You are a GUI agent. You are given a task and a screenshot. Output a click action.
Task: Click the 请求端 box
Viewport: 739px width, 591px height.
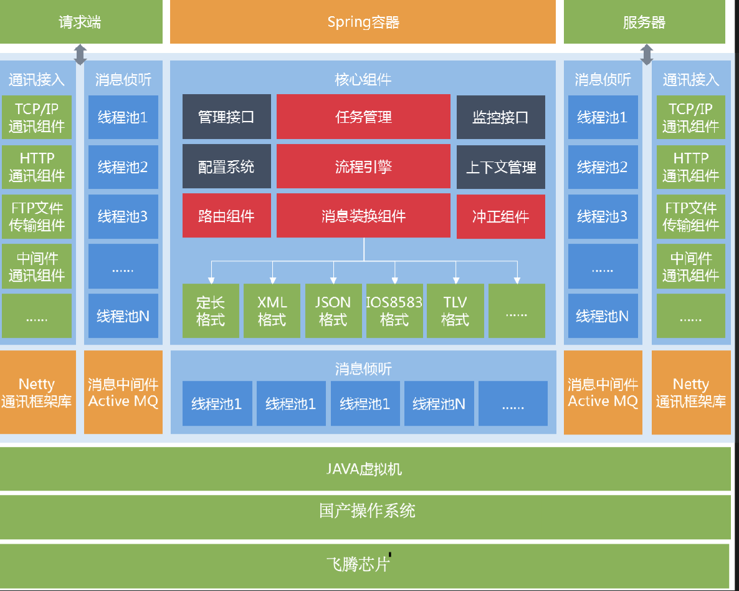pos(80,22)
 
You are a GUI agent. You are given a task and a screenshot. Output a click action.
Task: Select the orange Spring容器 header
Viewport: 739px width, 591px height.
pos(363,22)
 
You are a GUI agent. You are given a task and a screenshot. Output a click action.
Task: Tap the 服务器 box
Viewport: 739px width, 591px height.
pos(644,22)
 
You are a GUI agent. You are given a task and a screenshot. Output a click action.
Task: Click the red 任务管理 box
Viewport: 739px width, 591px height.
pos(363,117)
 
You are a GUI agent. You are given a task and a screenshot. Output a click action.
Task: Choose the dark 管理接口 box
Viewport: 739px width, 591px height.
pos(226,117)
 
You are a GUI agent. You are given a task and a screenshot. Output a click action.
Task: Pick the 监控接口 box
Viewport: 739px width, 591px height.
pos(500,117)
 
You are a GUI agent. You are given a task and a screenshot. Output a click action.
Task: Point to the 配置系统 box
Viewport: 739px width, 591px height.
pos(226,166)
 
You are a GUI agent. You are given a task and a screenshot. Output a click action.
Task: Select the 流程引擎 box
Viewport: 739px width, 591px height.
pos(363,166)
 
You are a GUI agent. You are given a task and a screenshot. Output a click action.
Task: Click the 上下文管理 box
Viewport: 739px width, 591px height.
pos(500,166)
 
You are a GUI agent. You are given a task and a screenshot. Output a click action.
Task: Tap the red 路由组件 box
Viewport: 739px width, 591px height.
pos(226,216)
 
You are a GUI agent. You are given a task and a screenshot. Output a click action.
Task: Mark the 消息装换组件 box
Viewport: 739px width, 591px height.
pos(363,216)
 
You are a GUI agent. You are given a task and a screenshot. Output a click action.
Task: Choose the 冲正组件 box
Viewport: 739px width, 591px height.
pos(500,216)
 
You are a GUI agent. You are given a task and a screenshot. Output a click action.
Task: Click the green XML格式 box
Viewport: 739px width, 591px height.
pos(272,311)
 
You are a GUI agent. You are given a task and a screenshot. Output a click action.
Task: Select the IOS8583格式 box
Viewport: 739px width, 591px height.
pos(394,311)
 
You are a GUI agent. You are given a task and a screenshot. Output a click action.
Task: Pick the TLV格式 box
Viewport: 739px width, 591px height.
pos(455,311)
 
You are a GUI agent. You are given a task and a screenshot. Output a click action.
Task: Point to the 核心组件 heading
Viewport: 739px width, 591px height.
pos(363,80)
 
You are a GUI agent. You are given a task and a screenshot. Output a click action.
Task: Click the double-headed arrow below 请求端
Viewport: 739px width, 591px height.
pos(80,54)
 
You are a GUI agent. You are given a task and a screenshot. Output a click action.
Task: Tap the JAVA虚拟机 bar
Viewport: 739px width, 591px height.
pos(365,469)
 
